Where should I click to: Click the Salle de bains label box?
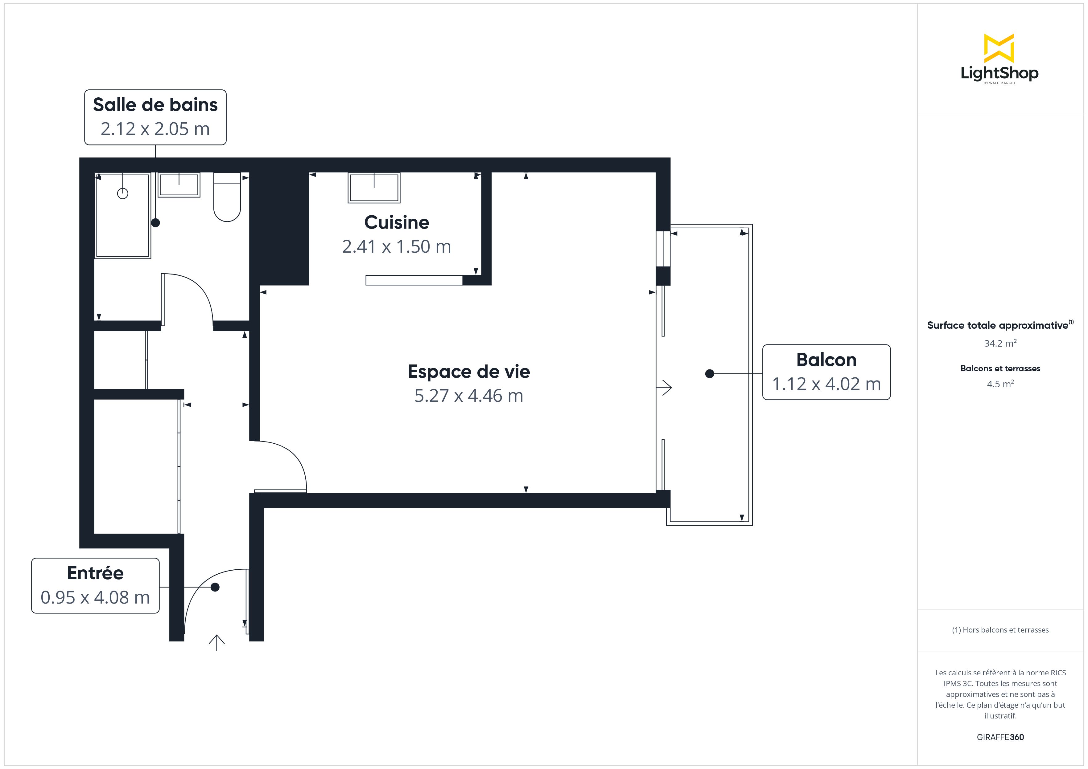155,117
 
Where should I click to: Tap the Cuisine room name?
397,222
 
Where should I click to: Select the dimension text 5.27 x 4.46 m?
469,395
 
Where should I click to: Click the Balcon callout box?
826,372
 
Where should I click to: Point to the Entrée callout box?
95,586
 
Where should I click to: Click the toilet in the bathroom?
227,197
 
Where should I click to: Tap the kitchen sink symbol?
374,188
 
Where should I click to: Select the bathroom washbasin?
179,185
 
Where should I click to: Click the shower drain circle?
123,193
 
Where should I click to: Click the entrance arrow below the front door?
216,643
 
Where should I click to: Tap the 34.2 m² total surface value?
1000,343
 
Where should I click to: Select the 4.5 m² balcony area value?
1000,384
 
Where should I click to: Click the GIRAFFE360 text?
1000,737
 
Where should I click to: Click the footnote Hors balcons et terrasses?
1000,630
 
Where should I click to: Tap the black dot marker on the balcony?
709,374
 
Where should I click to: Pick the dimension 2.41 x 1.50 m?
397,246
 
